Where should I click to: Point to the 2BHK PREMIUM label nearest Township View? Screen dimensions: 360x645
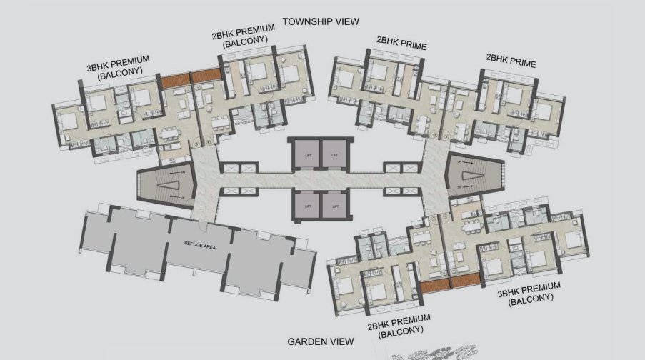click(245, 37)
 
